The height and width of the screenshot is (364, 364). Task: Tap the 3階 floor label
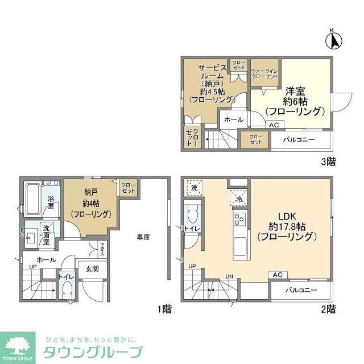coord(328,162)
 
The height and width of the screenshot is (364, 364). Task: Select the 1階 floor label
coord(164,310)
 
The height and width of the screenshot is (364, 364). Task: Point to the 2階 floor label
coord(328,310)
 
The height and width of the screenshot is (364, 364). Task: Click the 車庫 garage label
coord(143,237)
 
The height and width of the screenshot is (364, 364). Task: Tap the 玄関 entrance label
coord(92,269)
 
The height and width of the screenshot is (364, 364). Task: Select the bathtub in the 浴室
coord(35,197)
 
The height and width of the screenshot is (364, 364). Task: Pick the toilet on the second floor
coord(192,216)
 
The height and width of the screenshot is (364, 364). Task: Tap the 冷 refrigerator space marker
coord(238,198)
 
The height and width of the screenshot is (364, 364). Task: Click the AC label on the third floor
coord(274,125)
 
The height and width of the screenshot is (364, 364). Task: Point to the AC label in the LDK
coord(278,275)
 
